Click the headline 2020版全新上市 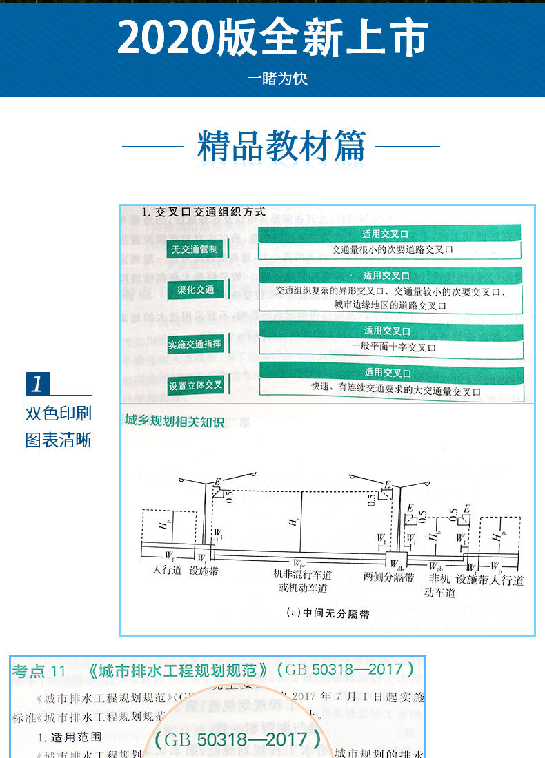click(x=272, y=38)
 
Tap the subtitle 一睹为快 click(x=277, y=79)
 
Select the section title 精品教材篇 click(x=281, y=146)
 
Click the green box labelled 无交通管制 click(x=195, y=249)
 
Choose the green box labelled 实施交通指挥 click(x=195, y=344)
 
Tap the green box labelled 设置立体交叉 click(x=195, y=385)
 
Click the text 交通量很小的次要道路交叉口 click(x=392, y=250)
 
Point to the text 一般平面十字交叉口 click(x=393, y=347)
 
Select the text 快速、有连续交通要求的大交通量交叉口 click(x=395, y=391)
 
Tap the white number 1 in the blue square click(x=37, y=383)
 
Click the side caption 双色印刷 click(x=59, y=413)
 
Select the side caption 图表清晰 click(x=59, y=440)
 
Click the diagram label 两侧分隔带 click(x=388, y=577)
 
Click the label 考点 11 click(x=39, y=671)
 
